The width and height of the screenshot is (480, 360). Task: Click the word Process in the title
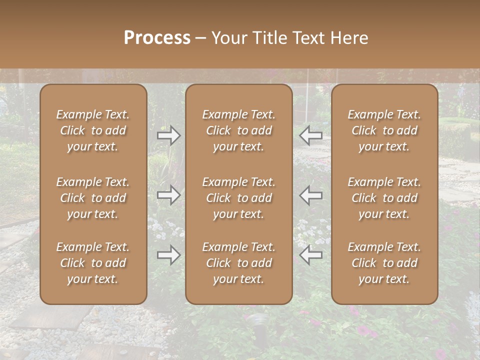point(157,37)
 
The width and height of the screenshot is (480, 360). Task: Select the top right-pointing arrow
point(169,135)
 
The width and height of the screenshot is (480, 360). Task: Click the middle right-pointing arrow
point(169,195)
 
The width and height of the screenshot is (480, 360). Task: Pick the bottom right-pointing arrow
point(169,255)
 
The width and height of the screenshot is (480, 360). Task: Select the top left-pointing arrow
point(311,135)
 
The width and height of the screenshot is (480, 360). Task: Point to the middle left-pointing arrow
point(311,195)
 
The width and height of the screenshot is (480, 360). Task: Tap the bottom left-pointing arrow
point(311,255)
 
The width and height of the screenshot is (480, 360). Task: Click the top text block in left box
point(93,130)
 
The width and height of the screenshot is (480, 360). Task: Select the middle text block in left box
point(93,198)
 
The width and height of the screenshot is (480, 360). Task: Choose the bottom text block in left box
point(93,263)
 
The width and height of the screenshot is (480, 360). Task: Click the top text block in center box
point(239,130)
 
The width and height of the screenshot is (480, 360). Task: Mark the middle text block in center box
point(239,198)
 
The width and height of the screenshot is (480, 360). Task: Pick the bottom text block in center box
point(239,263)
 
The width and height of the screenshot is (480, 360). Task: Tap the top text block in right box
point(384,130)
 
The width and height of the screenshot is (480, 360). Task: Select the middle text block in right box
point(384,198)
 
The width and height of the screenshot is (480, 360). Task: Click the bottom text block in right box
point(384,263)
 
